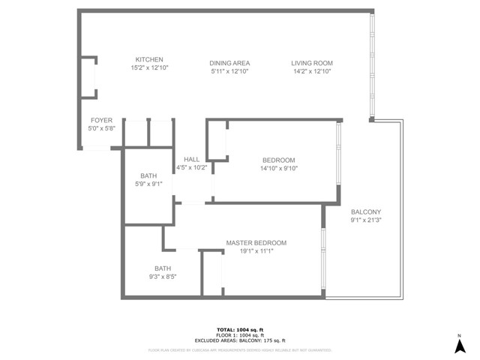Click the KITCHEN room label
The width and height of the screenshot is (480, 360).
tap(149, 60)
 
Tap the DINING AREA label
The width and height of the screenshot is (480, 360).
tap(229, 63)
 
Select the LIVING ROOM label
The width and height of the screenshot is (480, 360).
tap(312, 63)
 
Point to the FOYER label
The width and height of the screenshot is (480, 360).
tap(101, 120)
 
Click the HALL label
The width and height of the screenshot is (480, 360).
tap(191, 159)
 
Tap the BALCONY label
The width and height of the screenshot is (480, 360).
tap(366, 212)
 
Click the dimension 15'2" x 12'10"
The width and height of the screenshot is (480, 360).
tap(149, 69)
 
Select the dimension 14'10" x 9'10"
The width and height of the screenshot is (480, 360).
tap(278, 169)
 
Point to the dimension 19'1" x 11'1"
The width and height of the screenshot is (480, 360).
tap(256, 252)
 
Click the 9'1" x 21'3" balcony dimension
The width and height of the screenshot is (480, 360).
tap(366, 221)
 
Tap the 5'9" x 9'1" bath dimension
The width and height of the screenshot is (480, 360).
tap(148, 184)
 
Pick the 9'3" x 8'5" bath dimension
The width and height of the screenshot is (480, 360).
tap(163, 277)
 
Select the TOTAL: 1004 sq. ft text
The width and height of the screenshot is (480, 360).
tap(240, 330)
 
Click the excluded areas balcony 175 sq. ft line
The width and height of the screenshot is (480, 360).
tap(240, 340)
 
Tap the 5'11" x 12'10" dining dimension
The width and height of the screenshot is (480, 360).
tap(229, 72)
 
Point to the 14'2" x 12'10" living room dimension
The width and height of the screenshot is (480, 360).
tap(312, 72)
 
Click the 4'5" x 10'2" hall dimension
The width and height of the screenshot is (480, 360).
tap(191, 168)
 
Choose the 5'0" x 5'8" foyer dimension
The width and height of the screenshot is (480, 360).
tap(101, 129)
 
